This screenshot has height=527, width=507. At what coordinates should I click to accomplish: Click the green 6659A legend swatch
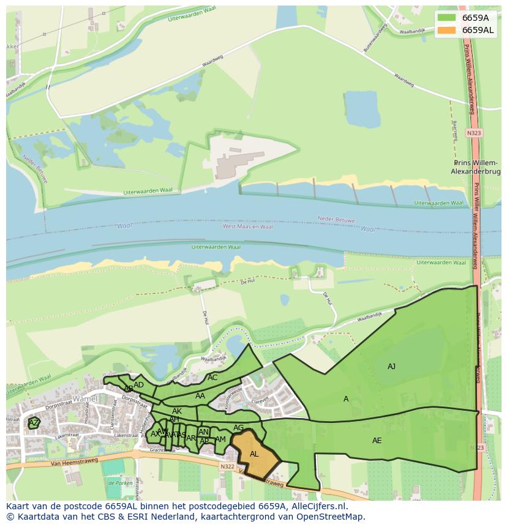pos(447,18)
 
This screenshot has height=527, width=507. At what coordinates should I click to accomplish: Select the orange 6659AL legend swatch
pos(447,30)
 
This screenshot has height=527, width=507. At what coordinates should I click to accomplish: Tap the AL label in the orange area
pos(254,454)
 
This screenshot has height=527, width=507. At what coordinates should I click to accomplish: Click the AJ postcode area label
pos(391,367)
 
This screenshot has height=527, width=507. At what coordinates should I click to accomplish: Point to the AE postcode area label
pos(377,441)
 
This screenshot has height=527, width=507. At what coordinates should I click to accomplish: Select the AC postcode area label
pos(212,378)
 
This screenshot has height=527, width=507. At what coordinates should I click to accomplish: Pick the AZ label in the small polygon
pos(34,423)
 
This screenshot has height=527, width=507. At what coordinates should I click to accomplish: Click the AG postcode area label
pos(238,428)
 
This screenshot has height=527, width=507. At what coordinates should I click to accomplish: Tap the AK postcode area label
pos(176,411)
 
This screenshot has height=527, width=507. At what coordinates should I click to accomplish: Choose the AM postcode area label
pos(220,439)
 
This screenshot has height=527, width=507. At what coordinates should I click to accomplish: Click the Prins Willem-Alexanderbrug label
pos(476,168)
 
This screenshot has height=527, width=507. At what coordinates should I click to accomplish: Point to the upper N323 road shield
pos(473,133)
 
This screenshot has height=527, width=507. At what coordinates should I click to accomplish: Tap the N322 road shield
pos(227,466)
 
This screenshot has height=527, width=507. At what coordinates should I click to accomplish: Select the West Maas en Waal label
pos(247,226)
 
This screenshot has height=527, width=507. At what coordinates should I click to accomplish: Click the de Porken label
pos(120,482)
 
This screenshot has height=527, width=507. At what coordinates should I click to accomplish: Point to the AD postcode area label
pos(138,385)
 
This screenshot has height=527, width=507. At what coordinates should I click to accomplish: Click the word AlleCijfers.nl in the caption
pos(320,506)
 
